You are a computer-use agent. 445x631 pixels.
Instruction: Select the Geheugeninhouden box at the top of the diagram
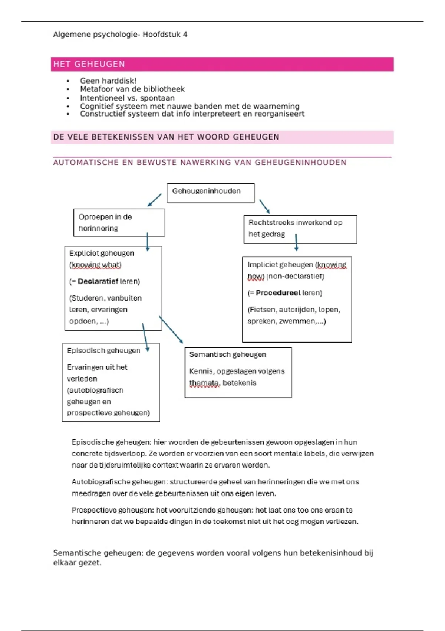pyautogui.click(x=210, y=193)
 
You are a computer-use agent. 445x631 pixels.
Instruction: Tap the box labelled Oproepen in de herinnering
pyautogui.click(x=119, y=222)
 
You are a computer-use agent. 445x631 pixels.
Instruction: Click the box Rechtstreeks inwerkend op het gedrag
pyautogui.click(x=300, y=229)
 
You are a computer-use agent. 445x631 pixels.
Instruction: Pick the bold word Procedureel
pyautogui.click(x=278, y=293)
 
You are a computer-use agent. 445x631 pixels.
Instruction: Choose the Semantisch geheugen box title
pyautogui.click(x=228, y=354)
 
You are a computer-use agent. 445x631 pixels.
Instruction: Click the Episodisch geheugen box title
pyautogui.click(x=103, y=350)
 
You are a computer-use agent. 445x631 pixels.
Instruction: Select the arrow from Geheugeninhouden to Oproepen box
pyautogui.click(x=154, y=200)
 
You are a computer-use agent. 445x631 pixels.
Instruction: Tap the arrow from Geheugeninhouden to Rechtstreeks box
pyautogui.click(x=264, y=206)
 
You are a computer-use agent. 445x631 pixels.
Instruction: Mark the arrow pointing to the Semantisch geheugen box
pyautogui.click(x=171, y=330)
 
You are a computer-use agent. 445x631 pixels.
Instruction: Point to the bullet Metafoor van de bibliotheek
pyautogui.click(x=132, y=89)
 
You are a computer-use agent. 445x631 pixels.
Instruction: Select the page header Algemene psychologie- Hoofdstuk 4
pyautogui.click(x=120, y=35)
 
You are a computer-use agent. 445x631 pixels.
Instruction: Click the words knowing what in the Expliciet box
pyautogui.click(x=96, y=265)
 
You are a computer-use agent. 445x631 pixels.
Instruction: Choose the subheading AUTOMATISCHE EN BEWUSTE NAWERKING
pyautogui.click(x=200, y=163)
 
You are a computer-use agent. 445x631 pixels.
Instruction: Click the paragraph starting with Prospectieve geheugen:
pyautogui.click(x=215, y=516)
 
